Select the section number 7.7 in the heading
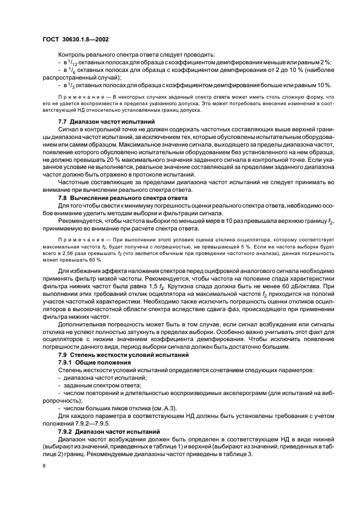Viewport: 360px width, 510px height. pos(62,120)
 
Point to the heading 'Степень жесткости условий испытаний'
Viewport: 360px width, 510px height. pos(122,355)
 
